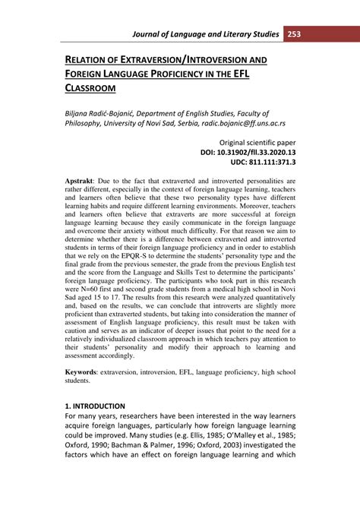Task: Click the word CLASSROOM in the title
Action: (96, 88)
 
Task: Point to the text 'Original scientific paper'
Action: (257, 142)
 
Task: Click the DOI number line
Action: (248, 152)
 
